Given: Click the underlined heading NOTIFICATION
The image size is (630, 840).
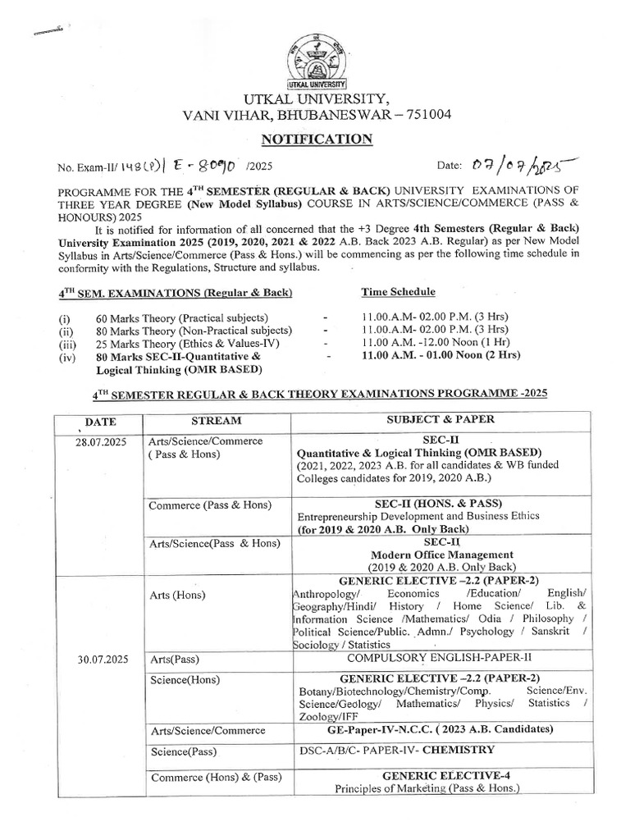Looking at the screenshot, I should (x=317, y=139).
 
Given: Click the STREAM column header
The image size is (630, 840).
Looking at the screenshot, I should (x=217, y=421).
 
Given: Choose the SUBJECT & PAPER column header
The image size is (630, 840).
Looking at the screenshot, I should (x=441, y=420).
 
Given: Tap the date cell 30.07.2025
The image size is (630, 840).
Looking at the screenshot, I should (x=100, y=659).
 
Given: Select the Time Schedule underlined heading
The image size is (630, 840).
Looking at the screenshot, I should (x=399, y=291).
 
